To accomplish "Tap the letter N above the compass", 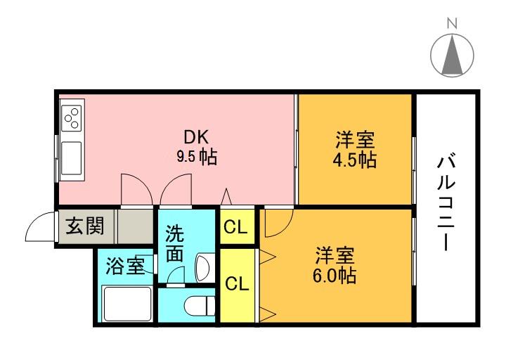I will [x=451, y=23].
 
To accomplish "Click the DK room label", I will [x=196, y=136].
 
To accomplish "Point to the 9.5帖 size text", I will [x=196, y=157].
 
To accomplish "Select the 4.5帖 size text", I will [x=354, y=160].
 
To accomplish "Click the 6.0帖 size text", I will [x=335, y=275].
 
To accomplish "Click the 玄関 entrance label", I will [x=85, y=226].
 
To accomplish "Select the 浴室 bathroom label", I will [x=125, y=266].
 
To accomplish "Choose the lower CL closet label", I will [x=237, y=284].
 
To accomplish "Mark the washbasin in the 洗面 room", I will [x=201, y=266].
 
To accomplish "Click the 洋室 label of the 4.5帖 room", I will [x=354, y=139].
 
